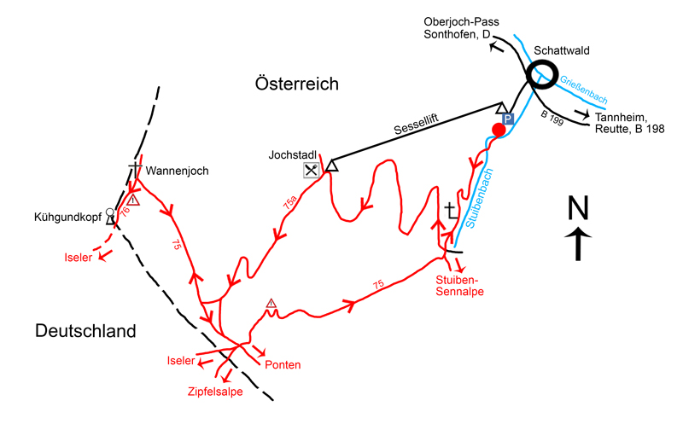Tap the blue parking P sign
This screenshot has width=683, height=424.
click(x=507, y=119)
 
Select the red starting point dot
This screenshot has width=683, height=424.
click(x=499, y=130)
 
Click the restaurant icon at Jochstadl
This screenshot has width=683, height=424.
click(x=311, y=171)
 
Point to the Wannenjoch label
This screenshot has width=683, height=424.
click(x=177, y=171)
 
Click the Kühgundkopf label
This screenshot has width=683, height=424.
click(x=68, y=217)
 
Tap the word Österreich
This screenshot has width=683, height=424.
click(x=296, y=84)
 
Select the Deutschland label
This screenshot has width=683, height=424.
click(x=85, y=331)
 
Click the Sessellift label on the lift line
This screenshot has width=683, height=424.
click(x=416, y=125)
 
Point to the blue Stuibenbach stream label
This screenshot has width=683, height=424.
click(x=479, y=198)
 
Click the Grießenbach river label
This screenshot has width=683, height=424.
click(x=583, y=90)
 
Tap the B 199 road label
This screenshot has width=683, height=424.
click(x=552, y=118)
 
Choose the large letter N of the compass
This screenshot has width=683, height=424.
click(x=578, y=207)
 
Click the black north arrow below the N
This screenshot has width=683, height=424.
click(x=578, y=244)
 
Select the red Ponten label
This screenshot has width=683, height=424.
click(x=283, y=365)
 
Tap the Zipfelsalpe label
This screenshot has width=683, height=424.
click(x=215, y=392)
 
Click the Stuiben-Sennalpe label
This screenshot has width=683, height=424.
click(x=459, y=286)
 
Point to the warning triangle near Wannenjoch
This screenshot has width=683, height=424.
click(x=133, y=200)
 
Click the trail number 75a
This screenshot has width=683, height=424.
click(x=290, y=203)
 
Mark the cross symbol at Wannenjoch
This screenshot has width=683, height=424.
click(x=135, y=171)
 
